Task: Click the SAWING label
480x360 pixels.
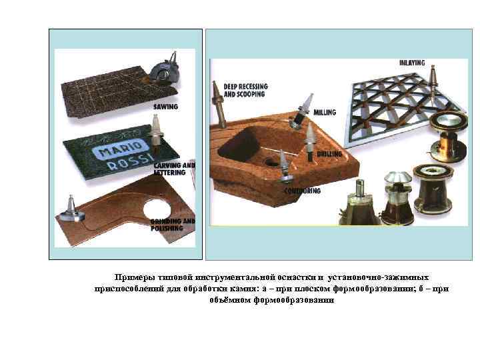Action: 165,107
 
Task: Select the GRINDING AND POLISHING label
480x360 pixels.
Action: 172,223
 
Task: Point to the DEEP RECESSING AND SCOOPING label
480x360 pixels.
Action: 245,91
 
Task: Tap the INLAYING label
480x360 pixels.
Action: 411,63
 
